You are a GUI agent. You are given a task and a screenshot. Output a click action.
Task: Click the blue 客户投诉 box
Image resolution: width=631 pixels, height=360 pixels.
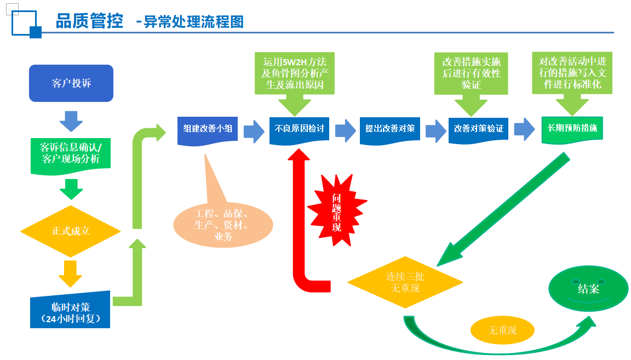click(71, 83)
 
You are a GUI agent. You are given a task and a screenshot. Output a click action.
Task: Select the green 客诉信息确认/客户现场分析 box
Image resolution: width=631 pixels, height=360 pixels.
click(71, 156)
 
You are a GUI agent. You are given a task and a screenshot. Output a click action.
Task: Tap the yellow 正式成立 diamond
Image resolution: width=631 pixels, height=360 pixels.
click(71, 231)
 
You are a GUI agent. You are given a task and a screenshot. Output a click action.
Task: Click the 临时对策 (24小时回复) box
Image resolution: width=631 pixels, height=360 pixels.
click(70, 310)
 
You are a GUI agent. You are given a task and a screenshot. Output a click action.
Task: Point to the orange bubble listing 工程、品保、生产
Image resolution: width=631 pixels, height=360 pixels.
click(223, 225)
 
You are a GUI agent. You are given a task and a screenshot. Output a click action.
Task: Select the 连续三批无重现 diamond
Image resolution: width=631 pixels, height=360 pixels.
click(405, 282)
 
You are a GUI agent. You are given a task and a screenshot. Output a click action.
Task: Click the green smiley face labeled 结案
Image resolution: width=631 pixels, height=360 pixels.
click(588, 288)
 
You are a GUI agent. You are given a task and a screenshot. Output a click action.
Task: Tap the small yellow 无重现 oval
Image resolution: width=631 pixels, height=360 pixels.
click(502, 330)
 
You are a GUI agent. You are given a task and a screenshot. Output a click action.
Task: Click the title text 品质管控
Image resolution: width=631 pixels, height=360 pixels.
click(89, 21)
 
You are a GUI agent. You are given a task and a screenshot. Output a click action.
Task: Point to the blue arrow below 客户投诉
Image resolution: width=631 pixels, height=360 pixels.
click(71, 121)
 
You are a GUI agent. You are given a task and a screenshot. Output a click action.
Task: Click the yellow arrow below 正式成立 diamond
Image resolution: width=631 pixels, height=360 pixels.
click(71, 274)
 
